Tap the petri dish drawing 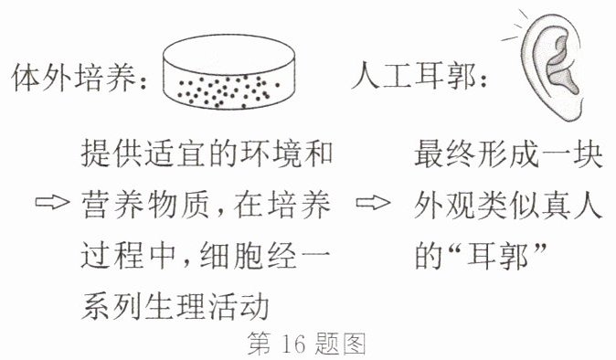pos(228,72)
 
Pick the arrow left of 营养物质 pos(52,202)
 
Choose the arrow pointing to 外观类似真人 pos(373,203)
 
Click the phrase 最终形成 pos(476,154)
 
